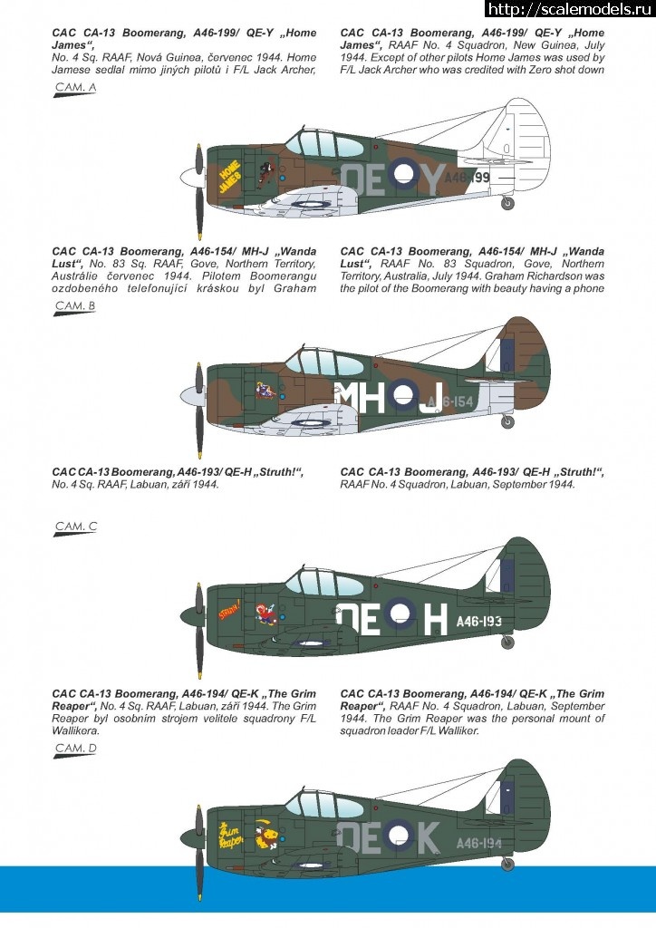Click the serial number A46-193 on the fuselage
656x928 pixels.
coord(479,621)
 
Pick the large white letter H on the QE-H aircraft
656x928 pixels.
coord(434,619)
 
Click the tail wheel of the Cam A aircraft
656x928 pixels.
coord(507,203)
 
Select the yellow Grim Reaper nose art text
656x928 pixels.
coord(233,833)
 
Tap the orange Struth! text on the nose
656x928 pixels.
coord(229,610)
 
